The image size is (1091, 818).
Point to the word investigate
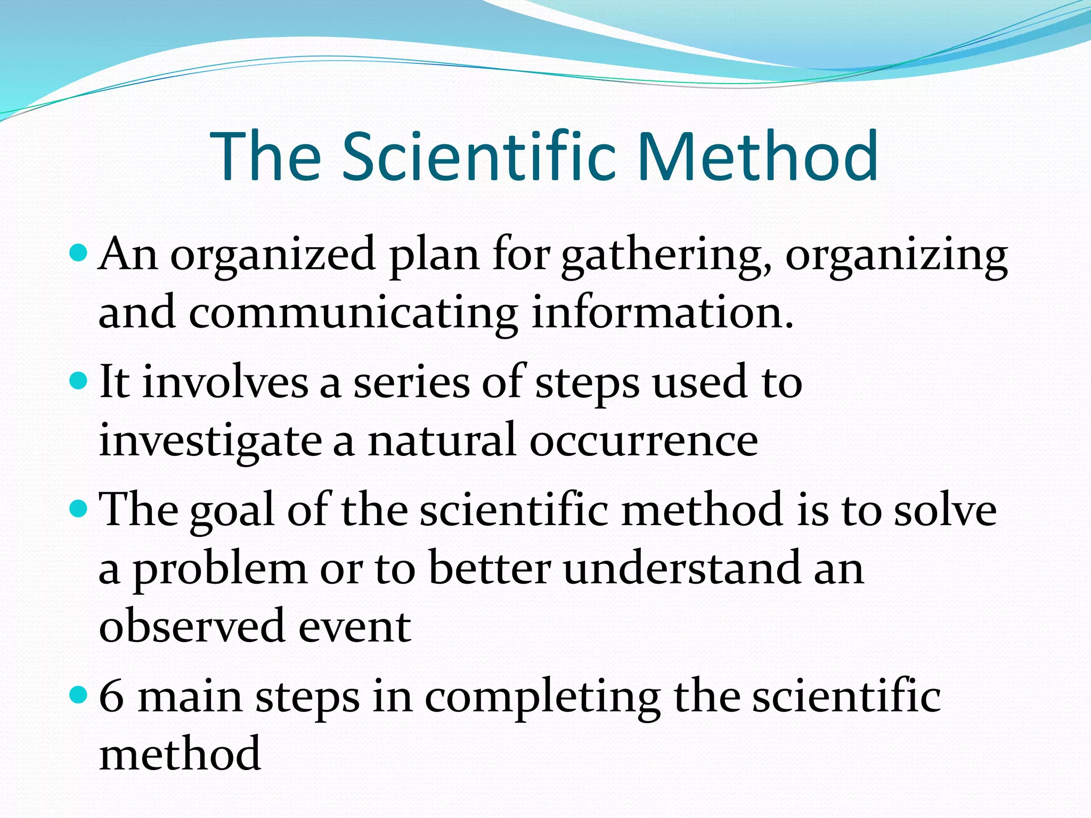tap(210, 442)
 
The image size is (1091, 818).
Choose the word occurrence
tap(644, 442)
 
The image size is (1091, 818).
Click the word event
tap(354, 627)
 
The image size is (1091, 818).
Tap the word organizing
tap(897, 257)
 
